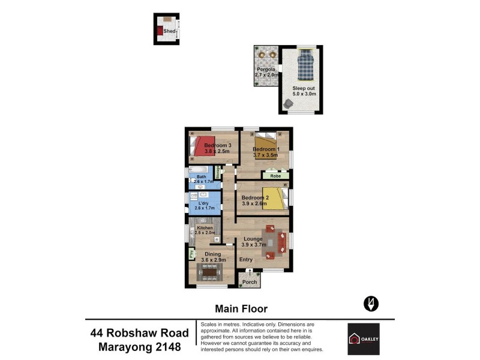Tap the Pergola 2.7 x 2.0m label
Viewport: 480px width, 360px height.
click(266, 73)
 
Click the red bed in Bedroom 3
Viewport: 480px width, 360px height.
click(197, 146)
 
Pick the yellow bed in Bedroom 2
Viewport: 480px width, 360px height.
click(275, 199)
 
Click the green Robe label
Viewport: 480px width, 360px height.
click(275, 176)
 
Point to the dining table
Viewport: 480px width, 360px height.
click(209, 273)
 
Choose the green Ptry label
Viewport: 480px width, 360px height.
click(192, 254)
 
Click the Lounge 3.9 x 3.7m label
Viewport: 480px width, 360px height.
click(253, 242)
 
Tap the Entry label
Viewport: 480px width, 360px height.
click(246, 260)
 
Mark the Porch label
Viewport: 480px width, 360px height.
click(250, 282)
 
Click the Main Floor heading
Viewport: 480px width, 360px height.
click(241, 309)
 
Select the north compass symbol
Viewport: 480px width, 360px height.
click(371, 304)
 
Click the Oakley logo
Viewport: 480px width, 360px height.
click(364, 339)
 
